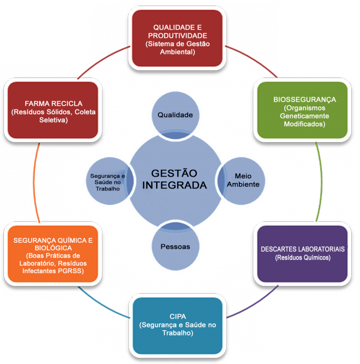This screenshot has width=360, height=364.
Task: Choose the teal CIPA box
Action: (178, 326)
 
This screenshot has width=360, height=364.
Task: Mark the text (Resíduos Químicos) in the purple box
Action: (303, 258)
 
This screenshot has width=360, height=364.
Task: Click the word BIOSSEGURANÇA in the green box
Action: (304, 99)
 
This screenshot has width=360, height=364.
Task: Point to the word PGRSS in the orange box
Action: (73, 271)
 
